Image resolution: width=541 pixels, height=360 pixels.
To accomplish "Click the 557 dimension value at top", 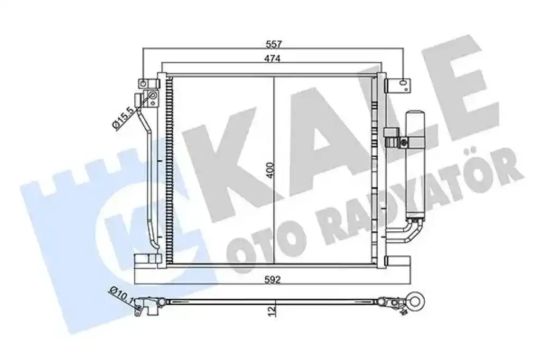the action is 274,44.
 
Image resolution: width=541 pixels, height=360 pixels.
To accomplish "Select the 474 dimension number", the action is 273,59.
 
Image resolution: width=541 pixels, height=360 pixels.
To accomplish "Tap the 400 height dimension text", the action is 270,170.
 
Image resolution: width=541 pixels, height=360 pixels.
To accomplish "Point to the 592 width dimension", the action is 273,279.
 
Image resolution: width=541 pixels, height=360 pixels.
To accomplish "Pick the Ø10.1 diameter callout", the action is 122,295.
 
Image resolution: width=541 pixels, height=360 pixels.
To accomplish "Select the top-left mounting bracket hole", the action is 143,83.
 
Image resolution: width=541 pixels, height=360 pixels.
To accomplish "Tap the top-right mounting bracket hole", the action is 403,83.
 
